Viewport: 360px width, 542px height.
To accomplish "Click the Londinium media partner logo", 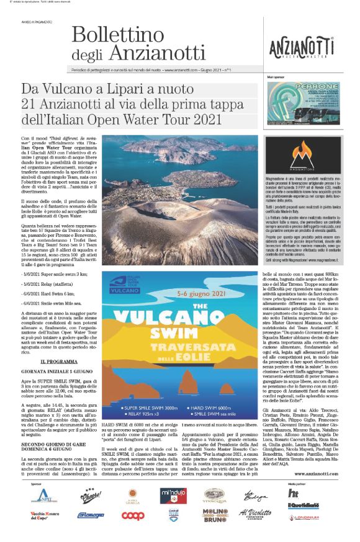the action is coord(302,516).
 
